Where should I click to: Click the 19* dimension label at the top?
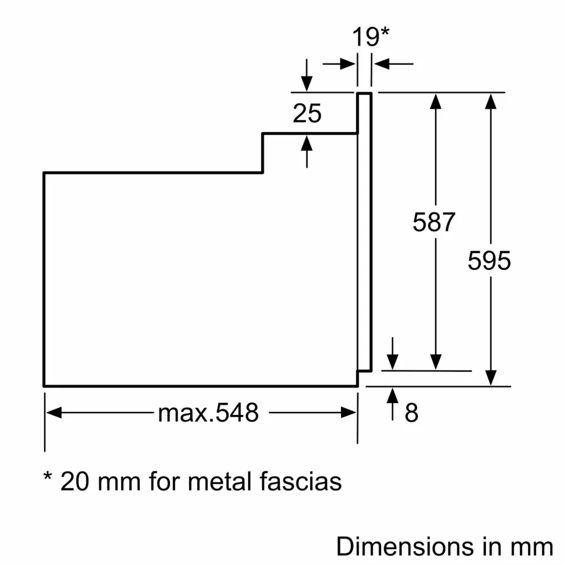370,36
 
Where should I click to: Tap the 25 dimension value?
307,114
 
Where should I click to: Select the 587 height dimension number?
433,222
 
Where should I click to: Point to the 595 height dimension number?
490,261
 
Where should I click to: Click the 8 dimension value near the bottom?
412,413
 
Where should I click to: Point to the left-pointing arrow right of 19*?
382,63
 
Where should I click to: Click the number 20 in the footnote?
75,482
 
